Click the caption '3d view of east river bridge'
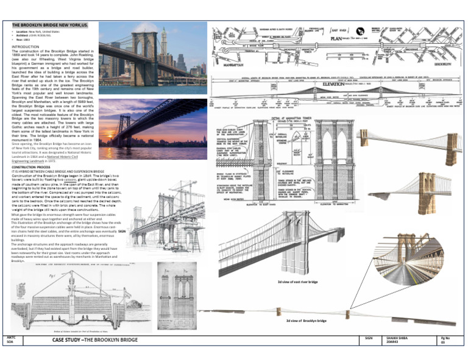click(x=298, y=282)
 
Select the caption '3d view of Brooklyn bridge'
click(x=307, y=321)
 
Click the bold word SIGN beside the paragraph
click(x=122, y=232)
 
